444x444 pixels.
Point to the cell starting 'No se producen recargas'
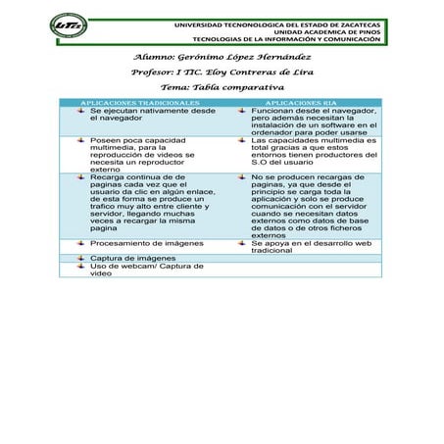313,206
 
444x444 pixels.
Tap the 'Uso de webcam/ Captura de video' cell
146,270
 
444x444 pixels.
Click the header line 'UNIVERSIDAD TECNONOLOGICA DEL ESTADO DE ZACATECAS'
299,23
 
